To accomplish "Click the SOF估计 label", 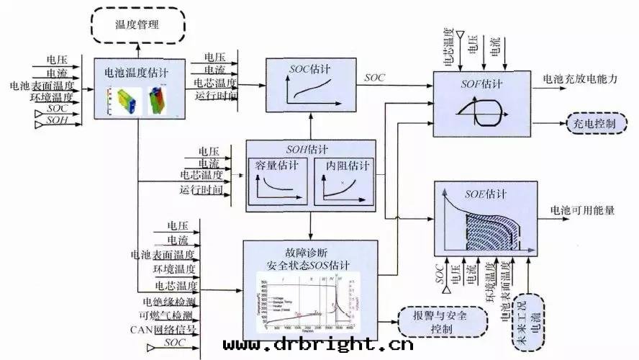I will (x=482, y=84).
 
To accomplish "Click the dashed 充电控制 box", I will (x=594, y=123).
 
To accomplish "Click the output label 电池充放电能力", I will (x=580, y=80).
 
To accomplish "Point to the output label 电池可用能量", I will (x=583, y=210).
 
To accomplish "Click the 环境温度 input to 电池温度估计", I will (x=52, y=97).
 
